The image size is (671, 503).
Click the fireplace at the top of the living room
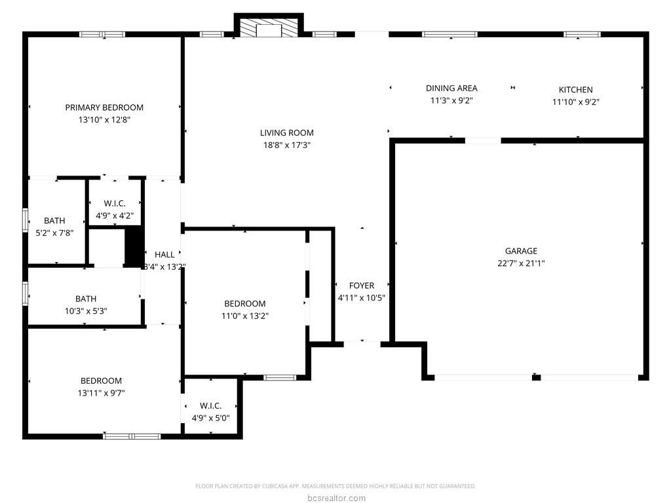click(269, 28)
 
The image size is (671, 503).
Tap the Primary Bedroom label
click(104, 107)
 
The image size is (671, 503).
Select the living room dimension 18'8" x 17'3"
click(287, 145)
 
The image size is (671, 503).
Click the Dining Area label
click(451, 88)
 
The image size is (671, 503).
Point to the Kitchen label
click(575, 89)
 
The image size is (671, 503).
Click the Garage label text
click(521, 251)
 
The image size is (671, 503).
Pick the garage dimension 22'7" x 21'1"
click(521, 263)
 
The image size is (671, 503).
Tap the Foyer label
click(362, 286)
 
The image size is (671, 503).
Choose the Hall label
click(164, 255)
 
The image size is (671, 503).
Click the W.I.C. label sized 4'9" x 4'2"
click(114, 204)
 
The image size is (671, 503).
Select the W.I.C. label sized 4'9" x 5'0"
click(210, 405)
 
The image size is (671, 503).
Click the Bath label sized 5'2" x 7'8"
click(54, 221)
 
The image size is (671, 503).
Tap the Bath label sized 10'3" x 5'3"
click(86, 299)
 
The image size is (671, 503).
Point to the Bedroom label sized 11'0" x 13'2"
click(245, 304)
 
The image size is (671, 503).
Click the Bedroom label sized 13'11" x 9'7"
click(101, 381)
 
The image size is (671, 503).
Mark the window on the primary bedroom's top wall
click(103, 34)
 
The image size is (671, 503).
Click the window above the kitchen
click(582, 34)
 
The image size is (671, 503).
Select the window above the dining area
click(450, 34)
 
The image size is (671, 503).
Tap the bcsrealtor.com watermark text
click(336, 498)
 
